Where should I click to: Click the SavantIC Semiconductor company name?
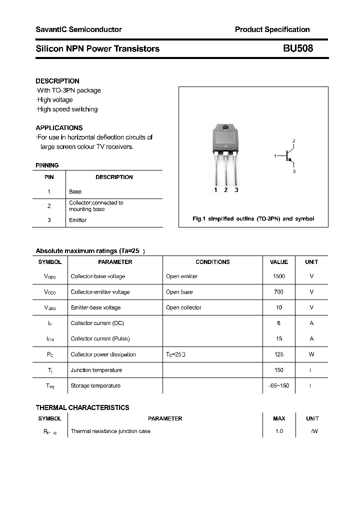click(x=78, y=29)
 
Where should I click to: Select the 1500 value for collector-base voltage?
click(x=279, y=276)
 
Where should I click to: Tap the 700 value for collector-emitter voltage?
click(x=279, y=292)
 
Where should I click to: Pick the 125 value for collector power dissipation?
click(x=279, y=354)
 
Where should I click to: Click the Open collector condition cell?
click(x=183, y=307)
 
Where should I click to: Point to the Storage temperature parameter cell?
click(x=95, y=385)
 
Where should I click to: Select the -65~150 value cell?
click(x=279, y=385)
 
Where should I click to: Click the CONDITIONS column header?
click(x=212, y=262)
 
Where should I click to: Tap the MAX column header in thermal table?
click(x=279, y=418)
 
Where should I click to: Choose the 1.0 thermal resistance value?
click(x=279, y=431)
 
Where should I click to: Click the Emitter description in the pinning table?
click(x=77, y=220)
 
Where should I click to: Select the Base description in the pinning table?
click(x=75, y=191)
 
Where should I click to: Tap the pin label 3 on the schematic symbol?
click(x=294, y=171)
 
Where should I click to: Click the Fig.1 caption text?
click(x=253, y=219)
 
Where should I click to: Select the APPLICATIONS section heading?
click(x=59, y=128)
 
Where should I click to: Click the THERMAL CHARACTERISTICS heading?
click(x=82, y=407)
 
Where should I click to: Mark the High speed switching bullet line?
click(x=67, y=109)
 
